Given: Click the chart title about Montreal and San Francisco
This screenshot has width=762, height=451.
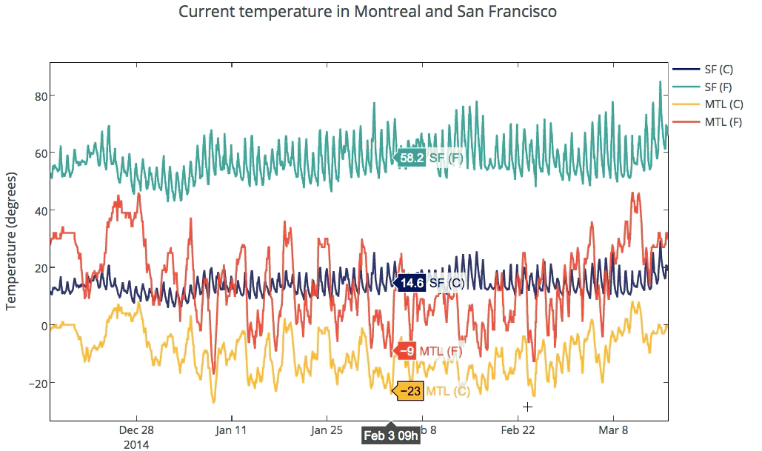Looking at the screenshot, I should click(x=367, y=13).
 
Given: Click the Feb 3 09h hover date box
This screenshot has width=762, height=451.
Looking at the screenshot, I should click(x=391, y=435).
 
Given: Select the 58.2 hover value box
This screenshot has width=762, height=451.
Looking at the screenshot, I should click(x=411, y=158).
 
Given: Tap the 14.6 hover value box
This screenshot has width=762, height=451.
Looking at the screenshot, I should click(x=411, y=283).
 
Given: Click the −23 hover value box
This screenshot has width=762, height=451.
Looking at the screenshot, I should click(x=410, y=391).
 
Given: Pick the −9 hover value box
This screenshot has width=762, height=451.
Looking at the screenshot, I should click(x=407, y=351).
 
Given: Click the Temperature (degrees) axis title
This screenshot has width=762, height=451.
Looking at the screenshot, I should click(x=13, y=241).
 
